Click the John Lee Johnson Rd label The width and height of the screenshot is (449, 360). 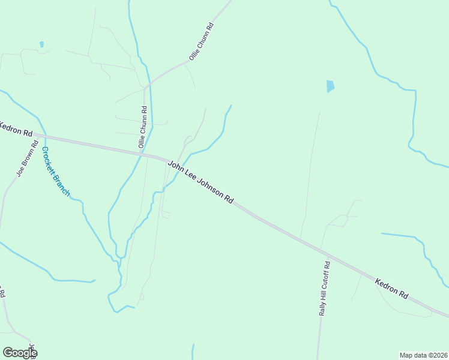[x=200, y=182]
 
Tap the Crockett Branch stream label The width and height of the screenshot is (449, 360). [x=56, y=172]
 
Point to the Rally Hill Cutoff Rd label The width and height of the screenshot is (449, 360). [x=324, y=288]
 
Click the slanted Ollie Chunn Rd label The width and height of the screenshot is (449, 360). [x=202, y=41]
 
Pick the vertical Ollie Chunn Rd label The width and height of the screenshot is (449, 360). [x=142, y=127]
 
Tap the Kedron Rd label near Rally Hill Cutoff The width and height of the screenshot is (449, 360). [x=391, y=288]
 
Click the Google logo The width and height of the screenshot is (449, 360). [x=20, y=353]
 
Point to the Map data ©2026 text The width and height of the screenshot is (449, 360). [x=423, y=355]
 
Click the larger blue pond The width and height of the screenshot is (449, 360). [x=330, y=86]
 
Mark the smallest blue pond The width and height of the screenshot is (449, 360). [x=41, y=44]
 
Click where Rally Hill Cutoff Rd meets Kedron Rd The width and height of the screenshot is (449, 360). [x=324, y=250]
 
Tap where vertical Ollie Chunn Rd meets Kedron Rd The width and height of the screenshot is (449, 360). [x=144, y=154]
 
